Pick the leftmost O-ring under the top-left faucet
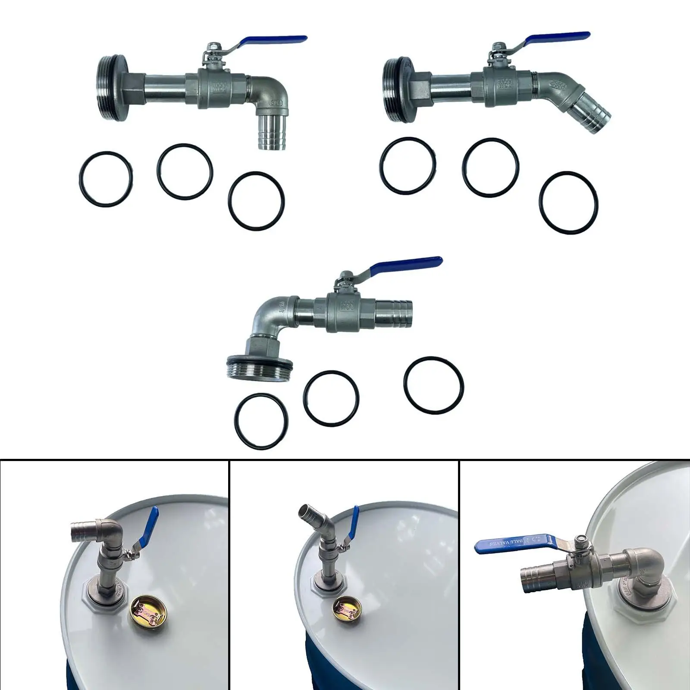[x=106, y=179]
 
